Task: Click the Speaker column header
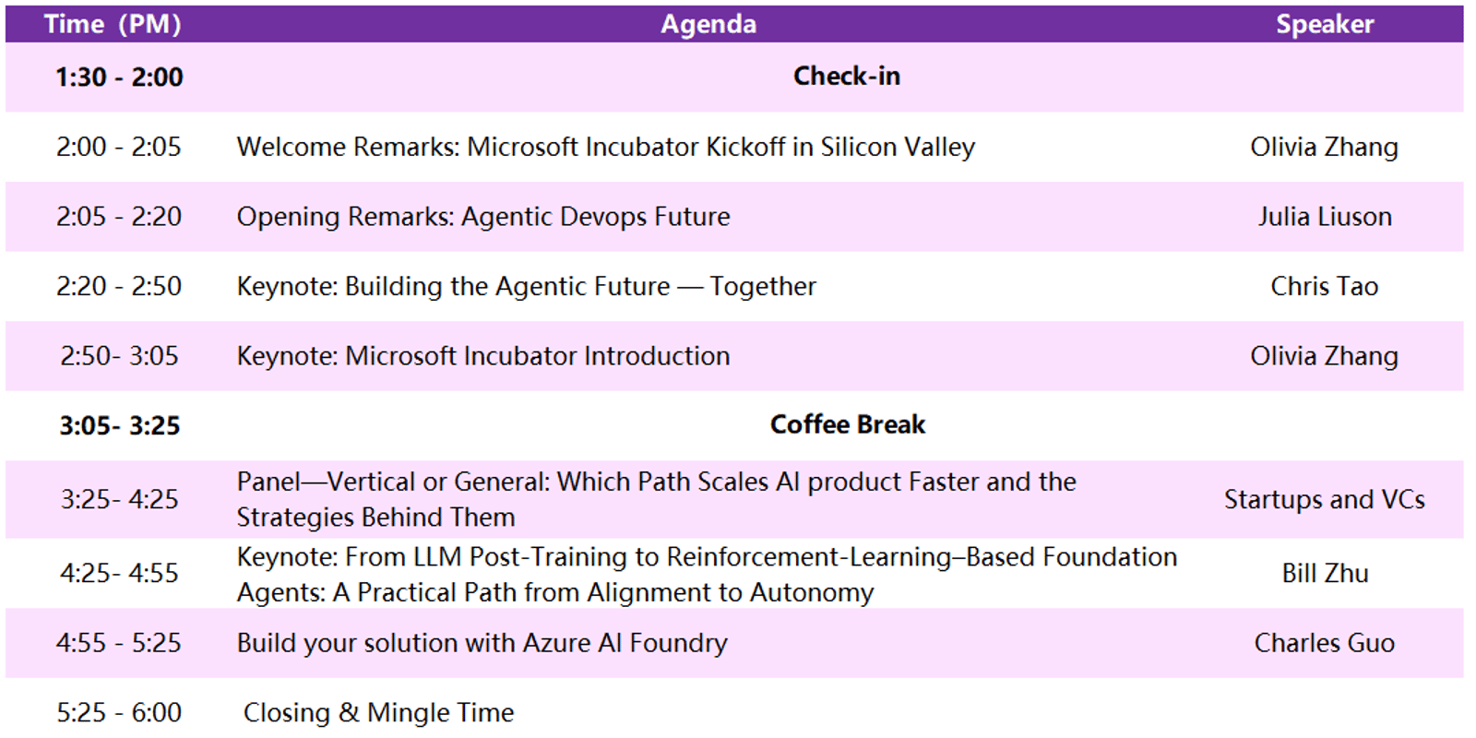pos(1325,24)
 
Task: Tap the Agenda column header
pos(708,25)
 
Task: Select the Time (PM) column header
pos(113,24)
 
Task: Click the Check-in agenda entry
pos(847,76)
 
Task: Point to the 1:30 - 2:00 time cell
pos(119,77)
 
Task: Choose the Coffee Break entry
pos(848,424)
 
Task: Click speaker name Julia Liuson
pos(1325,217)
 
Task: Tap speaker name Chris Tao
pos(1325,287)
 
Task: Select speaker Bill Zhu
pos(1325,573)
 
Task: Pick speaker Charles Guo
pos(1325,643)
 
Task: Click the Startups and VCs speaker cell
pos(1325,499)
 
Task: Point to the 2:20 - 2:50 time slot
pos(119,287)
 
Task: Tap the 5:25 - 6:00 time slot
pos(119,713)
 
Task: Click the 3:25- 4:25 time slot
pos(119,499)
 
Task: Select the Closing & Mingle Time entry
pos(378,713)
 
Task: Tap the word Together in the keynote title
pos(762,287)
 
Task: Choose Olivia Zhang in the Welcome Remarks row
pos(1325,148)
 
